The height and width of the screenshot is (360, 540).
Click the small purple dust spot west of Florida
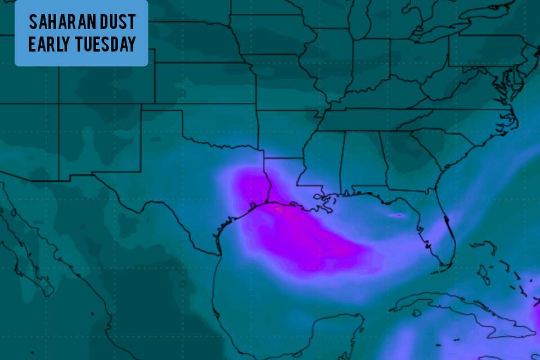point(398,215)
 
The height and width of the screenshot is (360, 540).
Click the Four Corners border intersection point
point(59,104)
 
